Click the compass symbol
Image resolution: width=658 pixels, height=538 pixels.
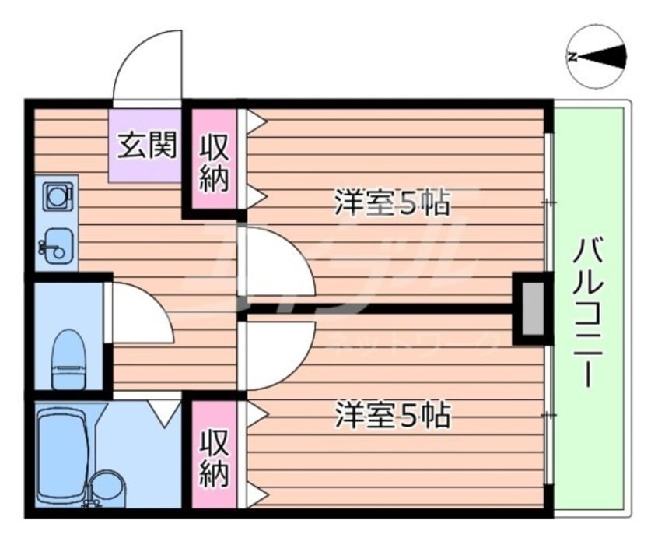coord(597,56)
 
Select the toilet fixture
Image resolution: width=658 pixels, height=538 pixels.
coord(68,359)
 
